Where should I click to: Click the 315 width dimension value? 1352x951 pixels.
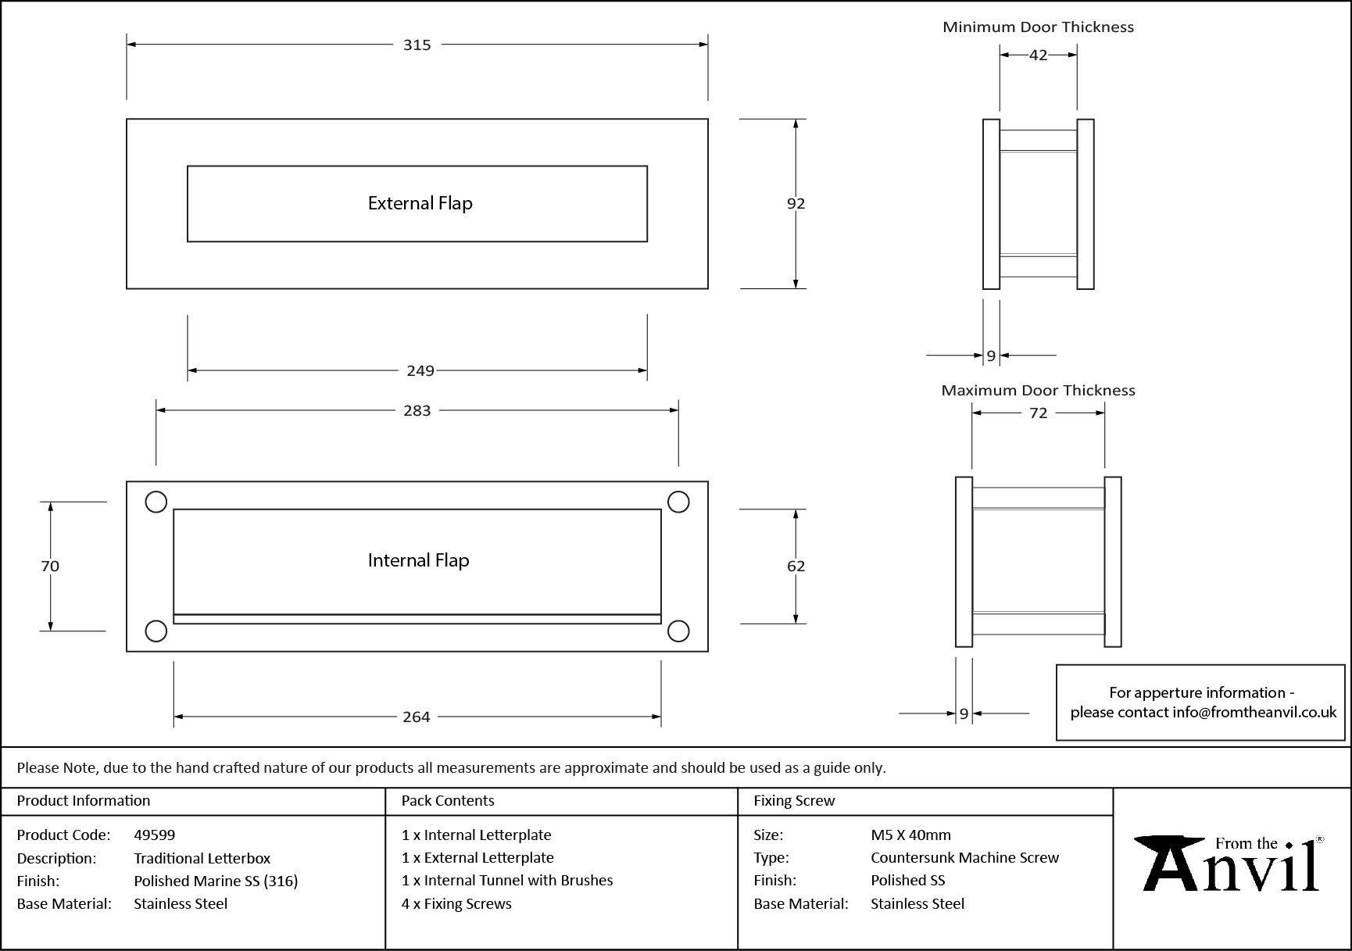click(x=417, y=45)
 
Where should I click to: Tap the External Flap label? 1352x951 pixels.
click(x=420, y=204)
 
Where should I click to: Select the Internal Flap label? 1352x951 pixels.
click(x=418, y=560)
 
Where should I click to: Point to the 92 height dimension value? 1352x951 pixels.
click(x=796, y=203)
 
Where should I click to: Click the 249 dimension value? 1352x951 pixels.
click(x=420, y=370)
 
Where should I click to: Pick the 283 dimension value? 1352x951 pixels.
click(x=417, y=410)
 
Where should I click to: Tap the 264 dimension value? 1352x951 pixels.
click(x=416, y=717)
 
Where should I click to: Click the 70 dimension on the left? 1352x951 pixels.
click(x=50, y=566)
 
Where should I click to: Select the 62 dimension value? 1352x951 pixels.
click(x=796, y=566)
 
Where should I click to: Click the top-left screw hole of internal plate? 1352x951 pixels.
click(x=156, y=502)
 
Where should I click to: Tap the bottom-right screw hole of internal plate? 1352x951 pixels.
click(x=678, y=631)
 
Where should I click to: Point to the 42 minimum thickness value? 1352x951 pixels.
click(x=1038, y=55)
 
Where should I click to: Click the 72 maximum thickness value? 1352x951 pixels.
click(x=1038, y=413)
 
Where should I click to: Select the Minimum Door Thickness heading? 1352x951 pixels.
click(x=1038, y=27)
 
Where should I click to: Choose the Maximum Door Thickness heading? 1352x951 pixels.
click(x=1038, y=390)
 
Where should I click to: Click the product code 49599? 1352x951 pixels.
click(x=155, y=835)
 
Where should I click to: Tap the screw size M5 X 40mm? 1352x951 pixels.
click(x=910, y=835)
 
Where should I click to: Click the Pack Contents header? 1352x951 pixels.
click(x=448, y=801)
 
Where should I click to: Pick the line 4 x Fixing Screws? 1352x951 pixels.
click(x=456, y=903)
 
